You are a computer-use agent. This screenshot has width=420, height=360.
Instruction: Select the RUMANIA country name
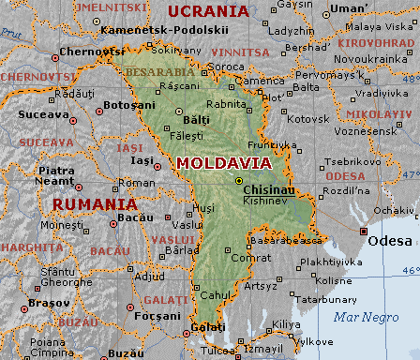(94, 202)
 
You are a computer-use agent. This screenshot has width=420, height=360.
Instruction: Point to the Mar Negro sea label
(359, 316)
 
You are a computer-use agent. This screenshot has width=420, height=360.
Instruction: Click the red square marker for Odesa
(364, 231)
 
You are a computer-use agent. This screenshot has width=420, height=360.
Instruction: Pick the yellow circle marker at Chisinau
(239, 180)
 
